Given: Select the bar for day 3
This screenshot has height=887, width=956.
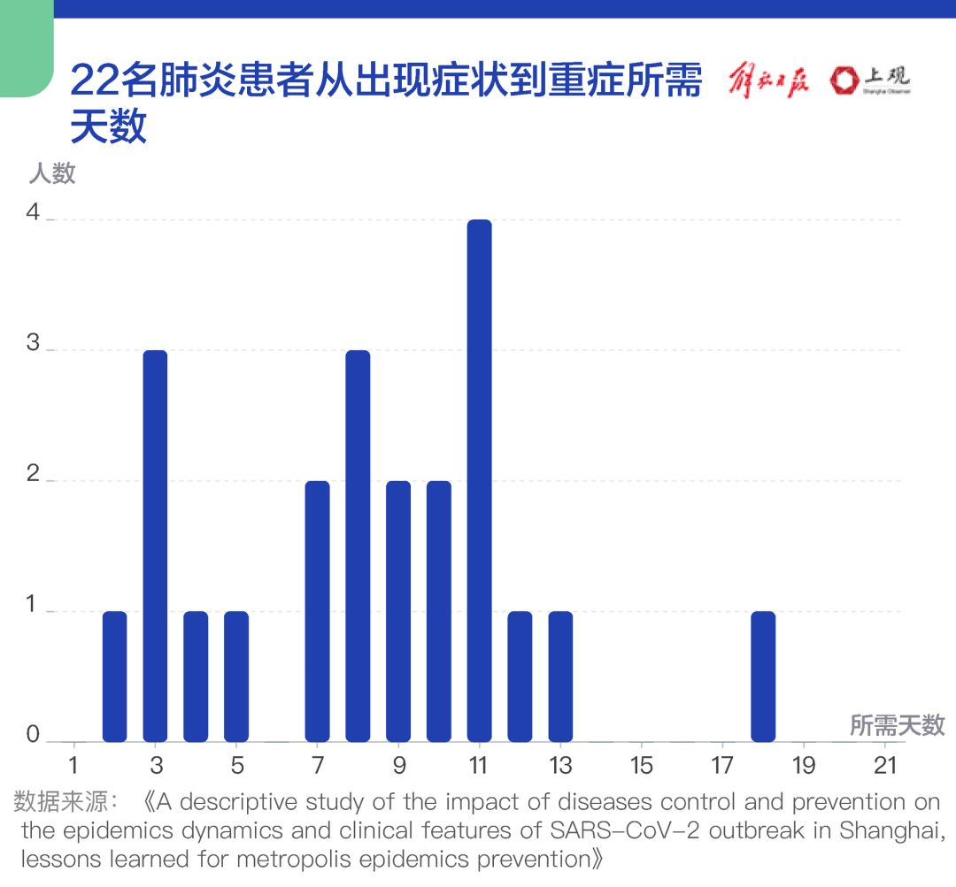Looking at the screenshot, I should point(155,546).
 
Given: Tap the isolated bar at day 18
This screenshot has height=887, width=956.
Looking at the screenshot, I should point(763,677).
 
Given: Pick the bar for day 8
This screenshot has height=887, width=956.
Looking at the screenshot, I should point(358,546).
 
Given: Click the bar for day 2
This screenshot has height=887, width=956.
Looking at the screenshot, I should point(115,677).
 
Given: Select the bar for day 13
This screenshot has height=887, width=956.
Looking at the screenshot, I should point(560,677).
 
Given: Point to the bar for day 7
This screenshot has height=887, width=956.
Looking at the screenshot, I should point(317,611).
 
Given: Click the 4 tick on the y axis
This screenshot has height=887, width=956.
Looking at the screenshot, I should point(34,215).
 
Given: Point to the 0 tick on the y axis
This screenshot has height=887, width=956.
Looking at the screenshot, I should point(34,736).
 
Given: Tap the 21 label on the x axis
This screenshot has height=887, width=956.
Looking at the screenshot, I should point(884,765).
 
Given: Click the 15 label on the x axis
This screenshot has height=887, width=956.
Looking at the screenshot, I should point(641,765).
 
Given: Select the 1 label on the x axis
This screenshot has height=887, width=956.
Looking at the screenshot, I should point(74,765).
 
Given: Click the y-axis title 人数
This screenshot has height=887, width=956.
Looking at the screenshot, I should point(52,173).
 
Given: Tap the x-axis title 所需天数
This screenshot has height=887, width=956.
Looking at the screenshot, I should point(897,725).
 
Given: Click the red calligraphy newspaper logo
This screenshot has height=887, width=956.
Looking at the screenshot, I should point(767,81).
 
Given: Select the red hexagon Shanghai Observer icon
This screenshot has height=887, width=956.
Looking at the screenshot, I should point(844,81).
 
